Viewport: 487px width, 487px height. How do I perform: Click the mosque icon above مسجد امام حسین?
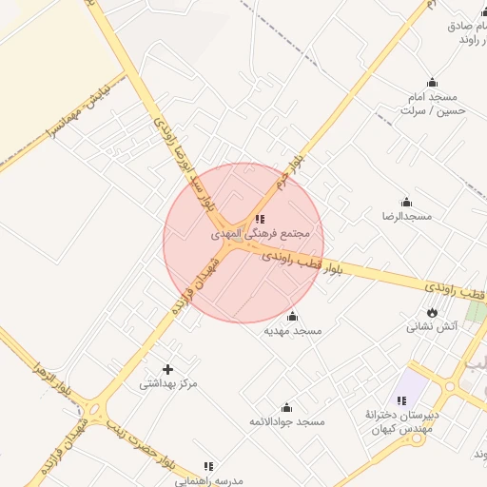[x=433, y=82]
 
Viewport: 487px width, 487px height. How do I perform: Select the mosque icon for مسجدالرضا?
[x=407, y=202]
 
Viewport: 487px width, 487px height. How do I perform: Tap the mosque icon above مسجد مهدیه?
[x=292, y=316]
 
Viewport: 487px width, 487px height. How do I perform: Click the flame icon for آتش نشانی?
[x=433, y=312]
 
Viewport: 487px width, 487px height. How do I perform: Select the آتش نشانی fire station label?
[x=433, y=327]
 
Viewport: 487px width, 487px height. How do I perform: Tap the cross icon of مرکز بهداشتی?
[x=168, y=368]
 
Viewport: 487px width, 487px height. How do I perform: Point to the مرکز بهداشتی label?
[x=168, y=384]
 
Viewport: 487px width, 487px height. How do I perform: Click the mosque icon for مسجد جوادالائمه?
[x=286, y=407]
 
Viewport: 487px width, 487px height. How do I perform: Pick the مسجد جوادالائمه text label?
[x=286, y=421]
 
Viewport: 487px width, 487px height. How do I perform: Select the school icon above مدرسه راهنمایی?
[x=208, y=465]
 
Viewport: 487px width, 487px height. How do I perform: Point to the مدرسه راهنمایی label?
[x=210, y=479]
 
